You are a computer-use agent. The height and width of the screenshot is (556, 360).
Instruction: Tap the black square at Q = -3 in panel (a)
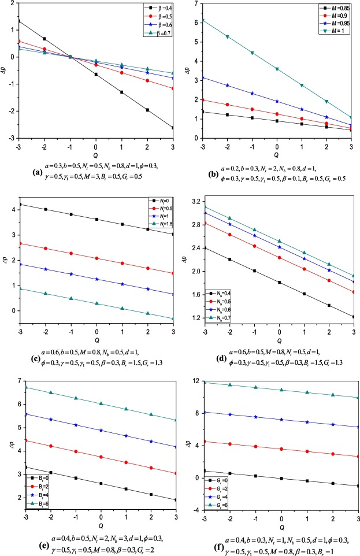19,21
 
